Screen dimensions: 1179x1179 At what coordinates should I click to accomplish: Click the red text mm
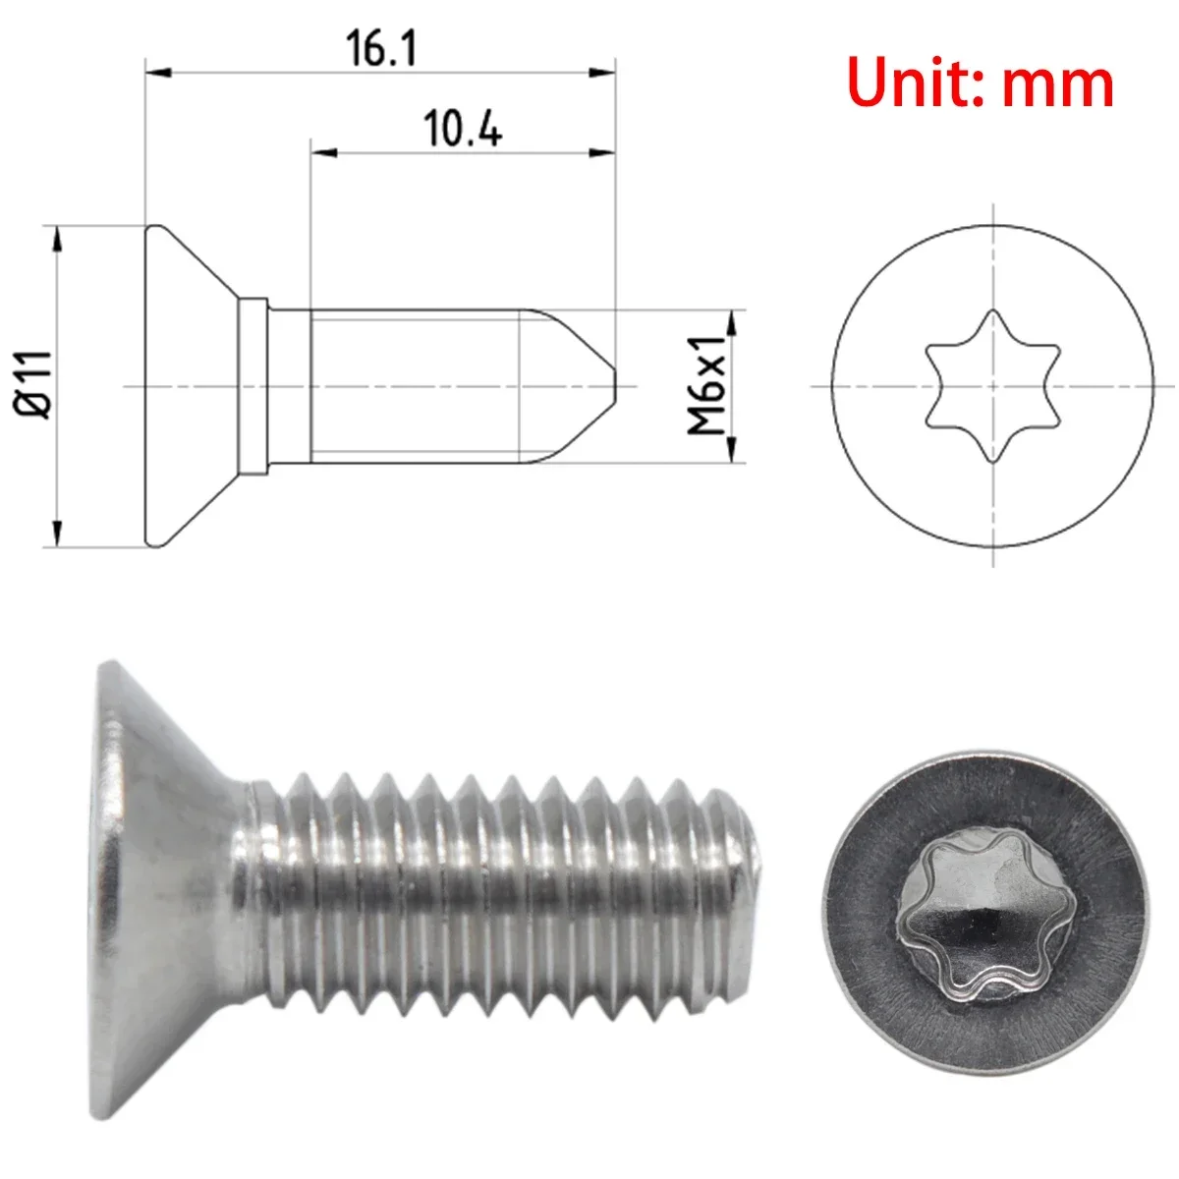tap(1058, 85)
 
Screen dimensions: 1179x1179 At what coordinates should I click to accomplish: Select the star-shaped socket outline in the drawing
tap(993, 385)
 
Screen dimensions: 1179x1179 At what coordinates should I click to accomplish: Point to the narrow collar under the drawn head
tap(253, 385)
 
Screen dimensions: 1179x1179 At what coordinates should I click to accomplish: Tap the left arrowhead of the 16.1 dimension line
tap(157, 72)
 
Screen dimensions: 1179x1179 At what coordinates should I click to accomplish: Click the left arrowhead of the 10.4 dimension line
tap(323, 152)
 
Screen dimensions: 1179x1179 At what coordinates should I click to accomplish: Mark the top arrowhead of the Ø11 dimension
tap(57, 238)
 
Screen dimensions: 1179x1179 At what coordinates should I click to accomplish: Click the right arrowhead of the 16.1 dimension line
tap(603, 72)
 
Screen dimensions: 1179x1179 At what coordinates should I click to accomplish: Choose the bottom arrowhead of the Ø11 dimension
tap(57, 533)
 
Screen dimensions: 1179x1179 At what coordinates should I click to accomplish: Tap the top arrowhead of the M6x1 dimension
tap(730, 322)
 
